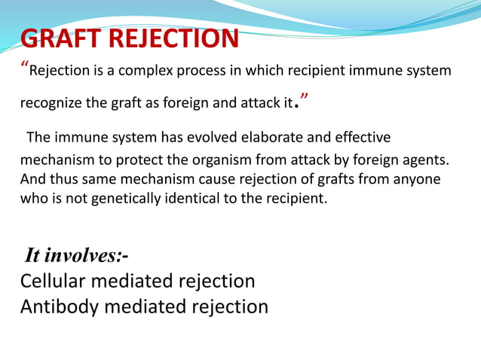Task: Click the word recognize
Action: click(48, 103)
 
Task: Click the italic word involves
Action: click(82, 256)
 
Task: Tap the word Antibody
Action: click(56, 307)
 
